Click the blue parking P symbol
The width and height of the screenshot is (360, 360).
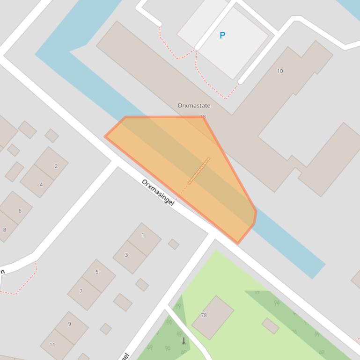tap(222, 35)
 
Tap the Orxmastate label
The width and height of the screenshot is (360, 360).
tap(194, 106)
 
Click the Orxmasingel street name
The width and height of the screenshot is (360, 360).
tap(158, 192)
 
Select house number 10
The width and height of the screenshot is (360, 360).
tap(280, 71)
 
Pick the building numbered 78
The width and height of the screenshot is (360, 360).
tap(204, 315)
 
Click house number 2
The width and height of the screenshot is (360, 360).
tap(56, 166)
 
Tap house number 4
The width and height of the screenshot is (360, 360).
tap(41, 185)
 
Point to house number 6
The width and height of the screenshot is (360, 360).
tap(20, 211)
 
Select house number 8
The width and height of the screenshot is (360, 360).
tap(5, 230)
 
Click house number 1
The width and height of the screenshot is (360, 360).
tap(143, 235)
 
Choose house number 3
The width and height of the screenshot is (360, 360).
tap(126, 255)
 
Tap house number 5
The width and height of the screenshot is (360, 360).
tap(97, 272)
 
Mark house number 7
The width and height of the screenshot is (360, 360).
tap(81, 291)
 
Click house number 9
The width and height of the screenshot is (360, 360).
tap(70, 324)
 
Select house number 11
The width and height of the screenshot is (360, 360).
tap(52, 345)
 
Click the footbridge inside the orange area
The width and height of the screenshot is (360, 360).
tap(199, 171)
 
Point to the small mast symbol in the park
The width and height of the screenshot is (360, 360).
tap(184, 341)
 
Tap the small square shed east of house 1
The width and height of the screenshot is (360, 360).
tap(174, 244)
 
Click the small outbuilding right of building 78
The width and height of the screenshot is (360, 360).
tap(270, 326)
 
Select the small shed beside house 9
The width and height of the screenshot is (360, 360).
tap(106, 329)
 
